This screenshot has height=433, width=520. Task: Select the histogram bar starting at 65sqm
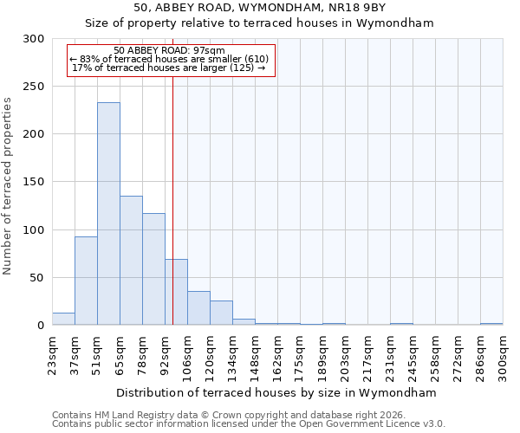tap(131, 261)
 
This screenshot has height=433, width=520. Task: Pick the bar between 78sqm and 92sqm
tap(153, 269)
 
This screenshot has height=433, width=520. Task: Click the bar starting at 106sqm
tap(198, 308)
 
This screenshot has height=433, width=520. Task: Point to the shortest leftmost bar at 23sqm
tap(63, 319)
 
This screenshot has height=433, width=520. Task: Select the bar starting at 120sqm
tap(221, 313)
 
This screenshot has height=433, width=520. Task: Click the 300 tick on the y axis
tap(34, 39)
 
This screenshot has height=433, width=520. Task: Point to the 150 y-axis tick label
tap(34, 182)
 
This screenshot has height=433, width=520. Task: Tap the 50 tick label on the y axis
tap(37, 278)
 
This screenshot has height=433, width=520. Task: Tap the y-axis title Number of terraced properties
tap(8, 186)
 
